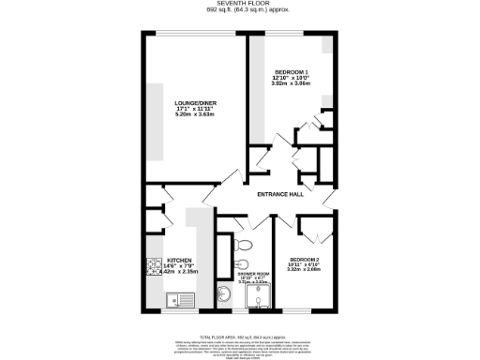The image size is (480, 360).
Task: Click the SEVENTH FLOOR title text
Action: (x=240, y=4)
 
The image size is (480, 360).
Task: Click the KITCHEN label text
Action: (x=179, y=260)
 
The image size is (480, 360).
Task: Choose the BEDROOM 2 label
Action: (x=305, y=259)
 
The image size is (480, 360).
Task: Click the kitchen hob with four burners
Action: (x=156, y=268)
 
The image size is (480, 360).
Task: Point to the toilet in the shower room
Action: (x=242, y=265)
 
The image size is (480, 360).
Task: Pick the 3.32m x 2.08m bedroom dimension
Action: (x=305, y=270)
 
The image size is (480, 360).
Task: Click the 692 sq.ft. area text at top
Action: (x=240, y=10)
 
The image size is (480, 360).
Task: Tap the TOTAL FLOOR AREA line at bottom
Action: (x=240, y=335)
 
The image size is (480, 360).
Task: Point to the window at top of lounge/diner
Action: (x=196, y=35)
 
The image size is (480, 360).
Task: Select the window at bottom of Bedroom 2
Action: (x=305, y=313)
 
